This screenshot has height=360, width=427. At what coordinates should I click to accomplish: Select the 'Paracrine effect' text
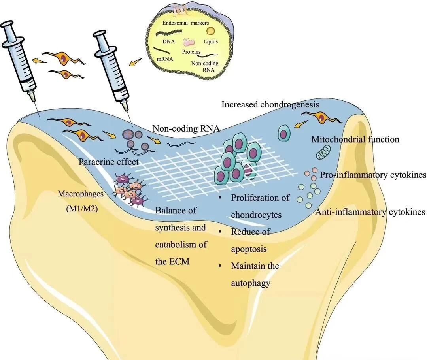[x=108, y=161]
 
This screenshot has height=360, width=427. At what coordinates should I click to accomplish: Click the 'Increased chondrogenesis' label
[x=270, y=105]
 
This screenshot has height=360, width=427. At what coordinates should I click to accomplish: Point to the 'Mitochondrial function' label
[x=355, y=139]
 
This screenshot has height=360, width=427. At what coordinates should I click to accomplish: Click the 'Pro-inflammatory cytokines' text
[x=373, y=175]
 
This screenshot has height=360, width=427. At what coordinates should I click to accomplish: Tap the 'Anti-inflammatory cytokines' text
[x=370, y=212]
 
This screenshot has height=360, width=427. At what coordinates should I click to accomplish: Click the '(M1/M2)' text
[x=80, y=209]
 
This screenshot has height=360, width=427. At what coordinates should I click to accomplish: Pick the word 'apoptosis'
[x=249, y=249]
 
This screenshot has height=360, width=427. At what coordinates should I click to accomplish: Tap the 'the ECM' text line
[x=171, y=262]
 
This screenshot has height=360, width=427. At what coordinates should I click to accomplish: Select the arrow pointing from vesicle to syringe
[x=136, y=62]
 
